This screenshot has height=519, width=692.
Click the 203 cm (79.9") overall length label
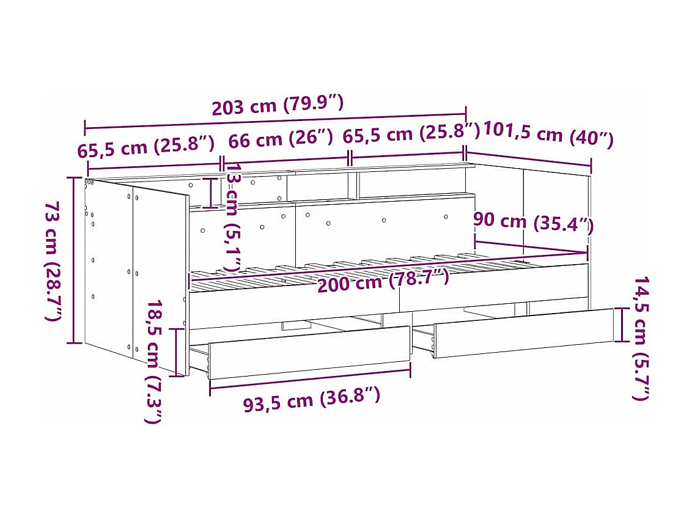[277, 106]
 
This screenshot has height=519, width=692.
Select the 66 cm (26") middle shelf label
[280, 139]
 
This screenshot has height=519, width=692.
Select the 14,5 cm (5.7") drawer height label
[640, 338]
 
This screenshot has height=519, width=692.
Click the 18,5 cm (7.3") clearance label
[154, 361]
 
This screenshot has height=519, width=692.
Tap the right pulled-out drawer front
[523, 332]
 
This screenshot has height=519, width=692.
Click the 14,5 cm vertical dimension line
[622, 325]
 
